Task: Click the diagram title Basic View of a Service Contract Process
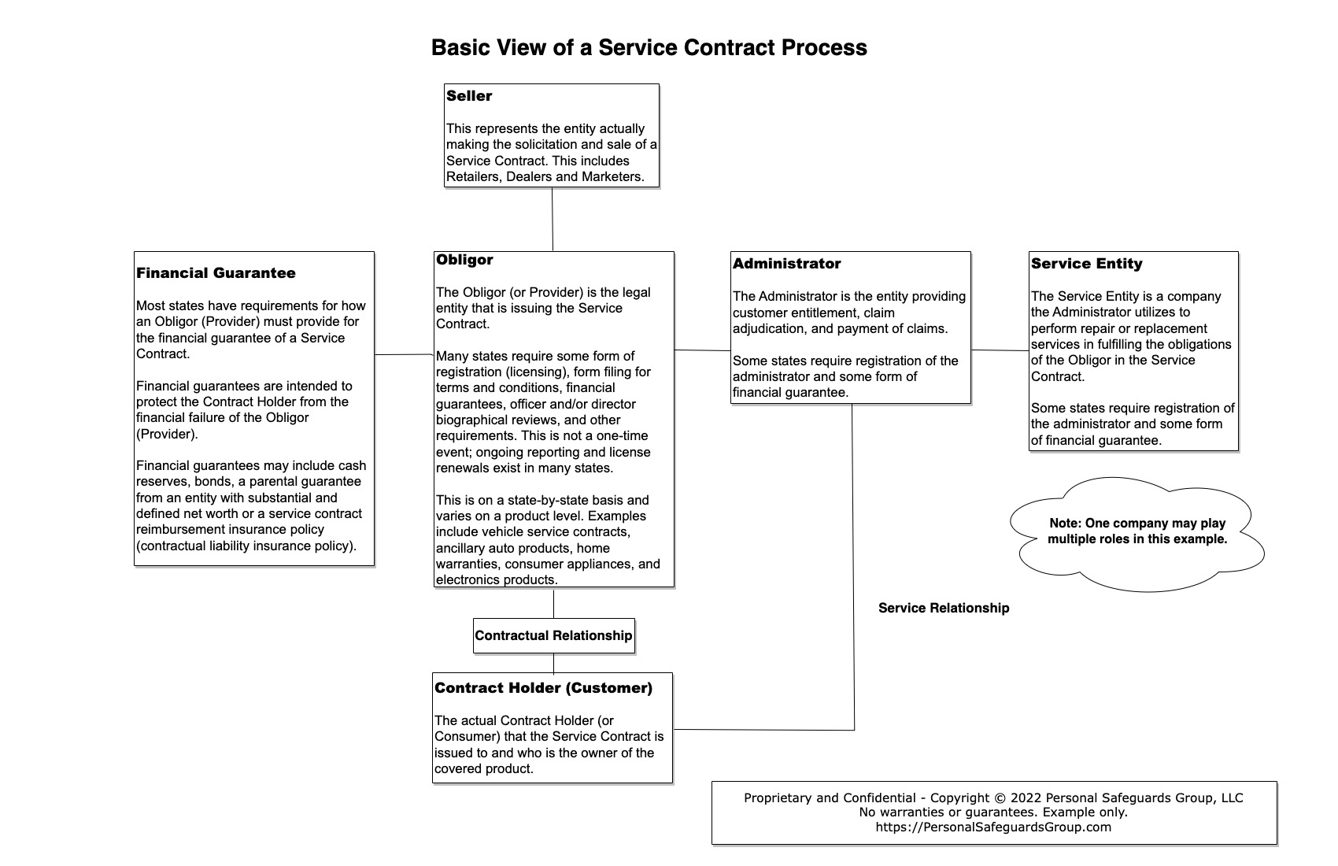click(x=649, y=47)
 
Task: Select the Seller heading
click(x=469, y=96)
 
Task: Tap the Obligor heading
click(x=464, y=260)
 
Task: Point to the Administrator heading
click(x=786, y=264)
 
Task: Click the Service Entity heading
click(x=1086, y=264)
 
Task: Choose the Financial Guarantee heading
click(x=216, y=273)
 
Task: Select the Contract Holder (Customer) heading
click(x=543, y=688)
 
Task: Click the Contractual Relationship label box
click(x=553, y=635)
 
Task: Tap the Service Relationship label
click(x=943, y=608)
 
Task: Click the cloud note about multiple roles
click(x=1137, y=531)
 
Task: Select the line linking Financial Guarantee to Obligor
click(x=404, y=354)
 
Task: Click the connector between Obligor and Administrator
click(x=702, y=350)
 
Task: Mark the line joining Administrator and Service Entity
click(x=1000, y=350)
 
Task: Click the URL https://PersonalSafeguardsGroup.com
click(x=993, y=827)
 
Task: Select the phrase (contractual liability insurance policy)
click(x=246, y=546)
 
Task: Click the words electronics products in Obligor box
click(x=497, y=580)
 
